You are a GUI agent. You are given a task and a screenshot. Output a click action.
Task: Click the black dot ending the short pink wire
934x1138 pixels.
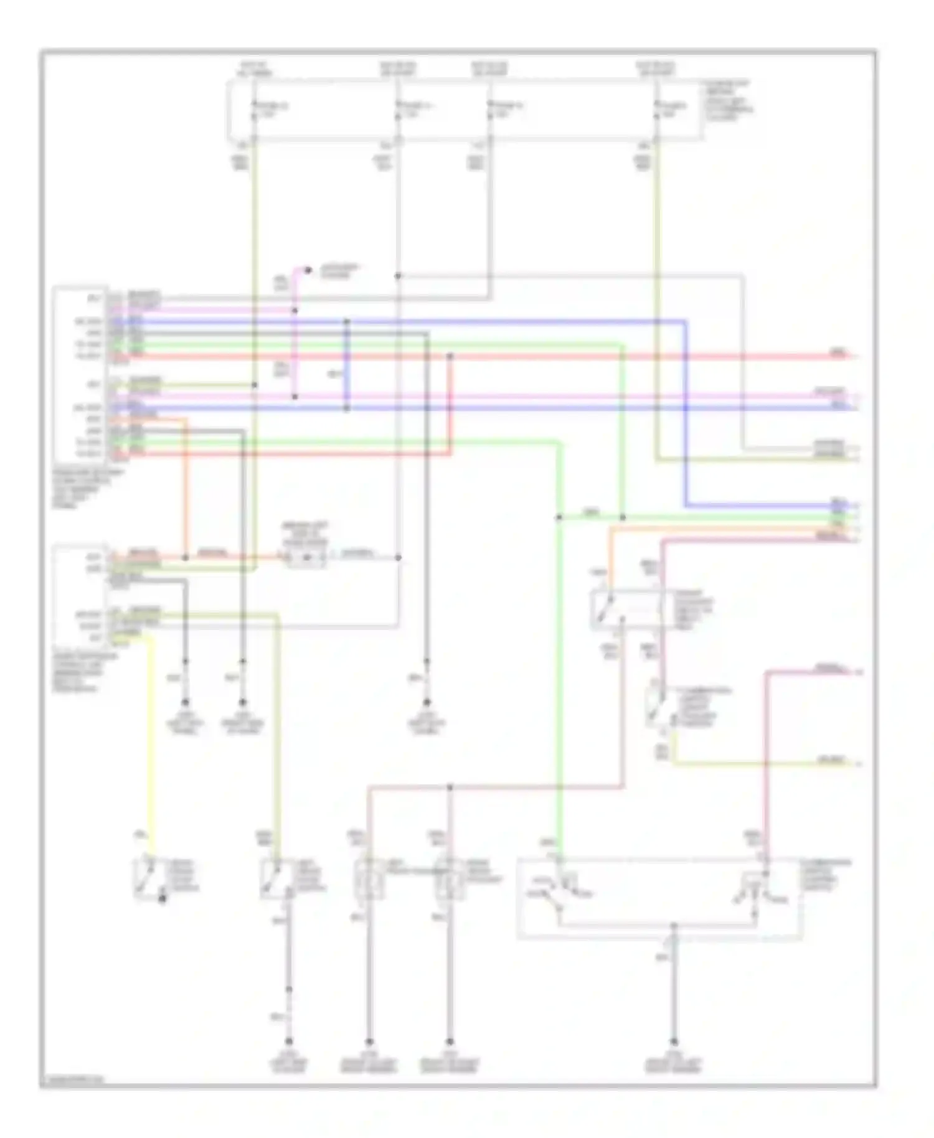coord(308,270)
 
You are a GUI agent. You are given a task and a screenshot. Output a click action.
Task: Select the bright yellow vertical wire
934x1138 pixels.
coord(150,735)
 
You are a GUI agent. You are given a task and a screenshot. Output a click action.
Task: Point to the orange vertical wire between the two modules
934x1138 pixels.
coord(185,486)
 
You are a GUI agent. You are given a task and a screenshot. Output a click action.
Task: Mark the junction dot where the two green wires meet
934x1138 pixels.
coord(622,517)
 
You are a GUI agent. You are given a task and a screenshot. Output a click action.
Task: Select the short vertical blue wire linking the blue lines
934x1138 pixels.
coord(347,364)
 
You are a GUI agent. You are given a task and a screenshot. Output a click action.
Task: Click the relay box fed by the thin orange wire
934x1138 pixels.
coord(626,609)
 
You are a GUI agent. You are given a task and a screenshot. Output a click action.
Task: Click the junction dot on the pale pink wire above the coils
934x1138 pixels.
coord(450,788)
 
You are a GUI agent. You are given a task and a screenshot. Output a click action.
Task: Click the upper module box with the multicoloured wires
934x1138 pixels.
coord(81,374)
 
